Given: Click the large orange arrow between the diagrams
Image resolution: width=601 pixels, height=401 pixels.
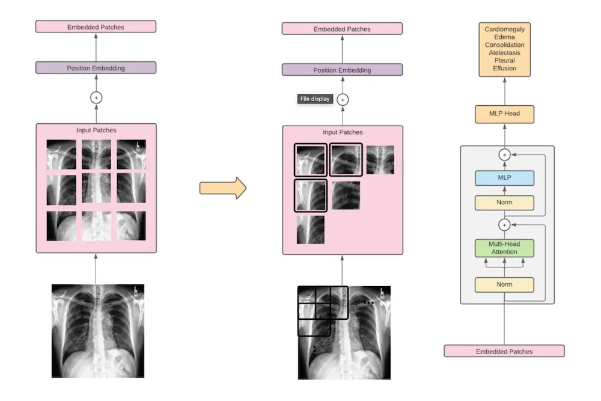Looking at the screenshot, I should [222, 188].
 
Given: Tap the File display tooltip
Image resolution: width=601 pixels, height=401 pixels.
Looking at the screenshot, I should [315, 99].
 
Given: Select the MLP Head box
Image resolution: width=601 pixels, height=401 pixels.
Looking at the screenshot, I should [504, 114].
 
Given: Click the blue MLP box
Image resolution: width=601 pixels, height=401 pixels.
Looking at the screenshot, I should [504, 178].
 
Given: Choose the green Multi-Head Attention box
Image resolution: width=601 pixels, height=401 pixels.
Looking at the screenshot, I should [504, 248].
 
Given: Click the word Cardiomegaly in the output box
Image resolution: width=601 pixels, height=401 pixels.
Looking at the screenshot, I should [504, 29].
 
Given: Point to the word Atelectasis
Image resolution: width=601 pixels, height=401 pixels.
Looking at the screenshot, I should [504, 53].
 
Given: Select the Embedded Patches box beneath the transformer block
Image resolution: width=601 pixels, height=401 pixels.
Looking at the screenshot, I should [504, 351].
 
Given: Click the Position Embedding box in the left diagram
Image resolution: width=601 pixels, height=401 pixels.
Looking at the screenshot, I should [96, 68].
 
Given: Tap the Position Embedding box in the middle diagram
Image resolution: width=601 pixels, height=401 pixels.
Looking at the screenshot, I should [342, 70].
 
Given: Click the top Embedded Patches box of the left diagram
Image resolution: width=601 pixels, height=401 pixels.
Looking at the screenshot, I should [96, 26].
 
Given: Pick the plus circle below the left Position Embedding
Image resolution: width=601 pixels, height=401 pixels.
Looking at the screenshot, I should [96, 97].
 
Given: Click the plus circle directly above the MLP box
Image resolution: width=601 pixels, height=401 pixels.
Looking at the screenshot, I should [504, 155].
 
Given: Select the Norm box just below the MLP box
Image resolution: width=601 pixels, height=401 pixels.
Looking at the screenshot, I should [504, 203].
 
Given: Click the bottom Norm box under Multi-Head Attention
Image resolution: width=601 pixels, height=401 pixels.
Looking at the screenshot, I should [504, 284].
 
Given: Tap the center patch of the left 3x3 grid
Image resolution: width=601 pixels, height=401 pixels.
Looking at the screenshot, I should [96, 189].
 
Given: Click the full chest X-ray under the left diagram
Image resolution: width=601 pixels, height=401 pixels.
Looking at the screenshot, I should [98, 331].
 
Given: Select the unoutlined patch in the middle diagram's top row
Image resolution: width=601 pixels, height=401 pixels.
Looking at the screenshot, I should [380, 160].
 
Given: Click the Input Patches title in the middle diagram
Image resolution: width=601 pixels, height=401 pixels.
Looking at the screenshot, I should [343, 132].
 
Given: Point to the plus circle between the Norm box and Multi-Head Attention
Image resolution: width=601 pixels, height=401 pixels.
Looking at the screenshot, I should [504, 225].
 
